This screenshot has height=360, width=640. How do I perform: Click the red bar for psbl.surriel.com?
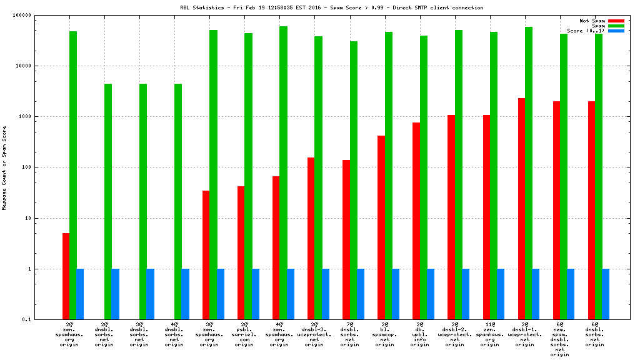(x=241, y=252)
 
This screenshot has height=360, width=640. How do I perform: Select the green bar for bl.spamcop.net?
(x=388, y=176)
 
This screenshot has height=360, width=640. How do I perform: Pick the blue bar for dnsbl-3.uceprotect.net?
(x=326, y=294)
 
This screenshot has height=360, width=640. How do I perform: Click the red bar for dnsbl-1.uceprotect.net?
(x=521, y=209)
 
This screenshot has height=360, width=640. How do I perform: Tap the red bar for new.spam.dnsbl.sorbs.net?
(x=556, y=210)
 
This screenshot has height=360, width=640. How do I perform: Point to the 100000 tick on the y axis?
(x=38, y=15)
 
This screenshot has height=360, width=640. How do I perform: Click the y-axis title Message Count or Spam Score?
(x=4, y=167)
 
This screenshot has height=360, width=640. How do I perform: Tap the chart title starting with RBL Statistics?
(x=331, y=7)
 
